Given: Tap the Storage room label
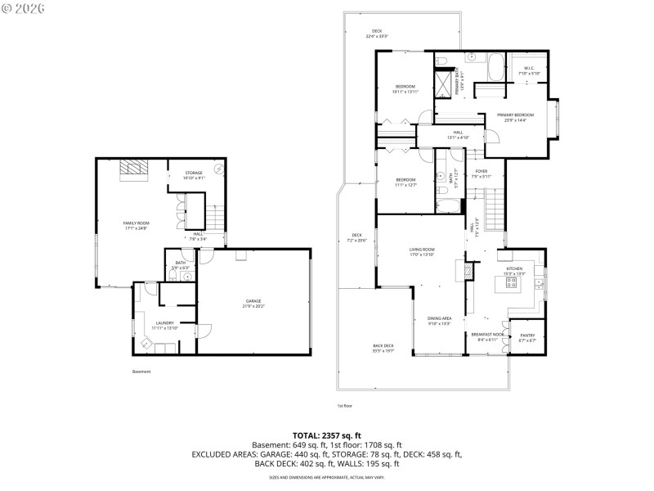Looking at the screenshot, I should [x=194, y=174].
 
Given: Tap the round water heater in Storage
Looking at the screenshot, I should [x=219, y=170].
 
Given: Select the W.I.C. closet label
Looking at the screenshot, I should [x=529, y=70].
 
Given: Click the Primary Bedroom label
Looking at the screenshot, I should [x=515, y=117].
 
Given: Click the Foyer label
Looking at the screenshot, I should [x=482, y=173].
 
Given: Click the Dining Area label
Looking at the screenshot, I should [x=440, y=320].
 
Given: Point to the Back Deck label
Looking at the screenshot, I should [x=383, y=347].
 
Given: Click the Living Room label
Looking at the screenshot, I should [x=422, y=251].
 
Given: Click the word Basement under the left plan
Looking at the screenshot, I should [x=141, y=372].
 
